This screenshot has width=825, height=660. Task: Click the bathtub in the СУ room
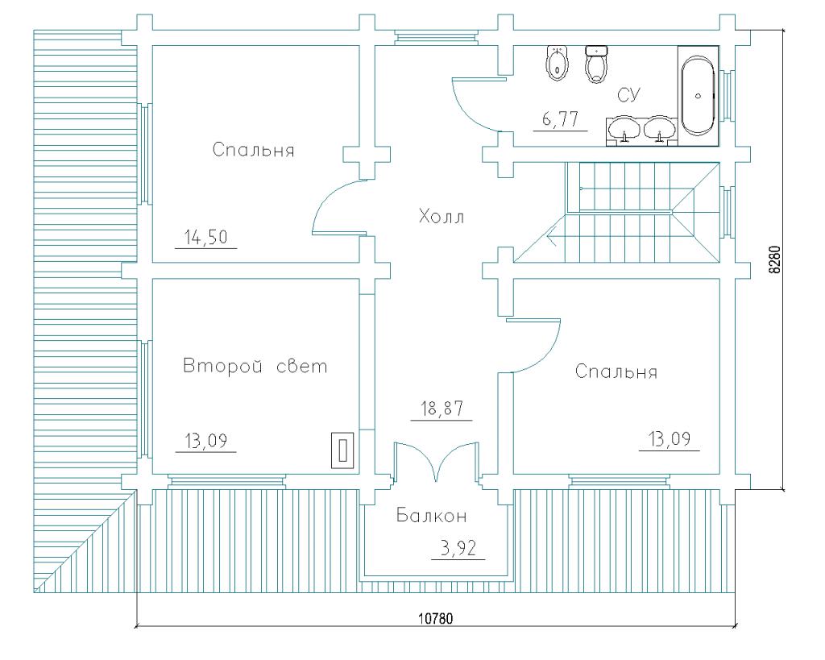(698, 96)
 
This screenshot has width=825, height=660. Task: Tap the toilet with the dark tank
(596, 64)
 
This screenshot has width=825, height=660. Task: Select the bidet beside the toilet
(558, 63)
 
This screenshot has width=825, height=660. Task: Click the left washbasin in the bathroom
(624, 129)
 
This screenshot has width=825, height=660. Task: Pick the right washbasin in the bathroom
(660, 129)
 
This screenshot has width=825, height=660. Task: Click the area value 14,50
(205, 238)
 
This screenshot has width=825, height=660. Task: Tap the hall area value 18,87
(442, 409)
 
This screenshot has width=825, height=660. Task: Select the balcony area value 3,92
(458, 549)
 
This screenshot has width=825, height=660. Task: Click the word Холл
(442, 216)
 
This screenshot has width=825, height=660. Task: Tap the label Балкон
(432, 516)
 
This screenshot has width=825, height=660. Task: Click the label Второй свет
(255, 366)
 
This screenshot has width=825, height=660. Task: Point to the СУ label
(628, 95)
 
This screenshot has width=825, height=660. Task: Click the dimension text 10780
(436, 618)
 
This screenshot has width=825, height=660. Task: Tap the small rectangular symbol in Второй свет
(342, 450)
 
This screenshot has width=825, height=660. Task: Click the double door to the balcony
(436, 462)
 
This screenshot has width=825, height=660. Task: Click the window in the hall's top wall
(436, 37)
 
